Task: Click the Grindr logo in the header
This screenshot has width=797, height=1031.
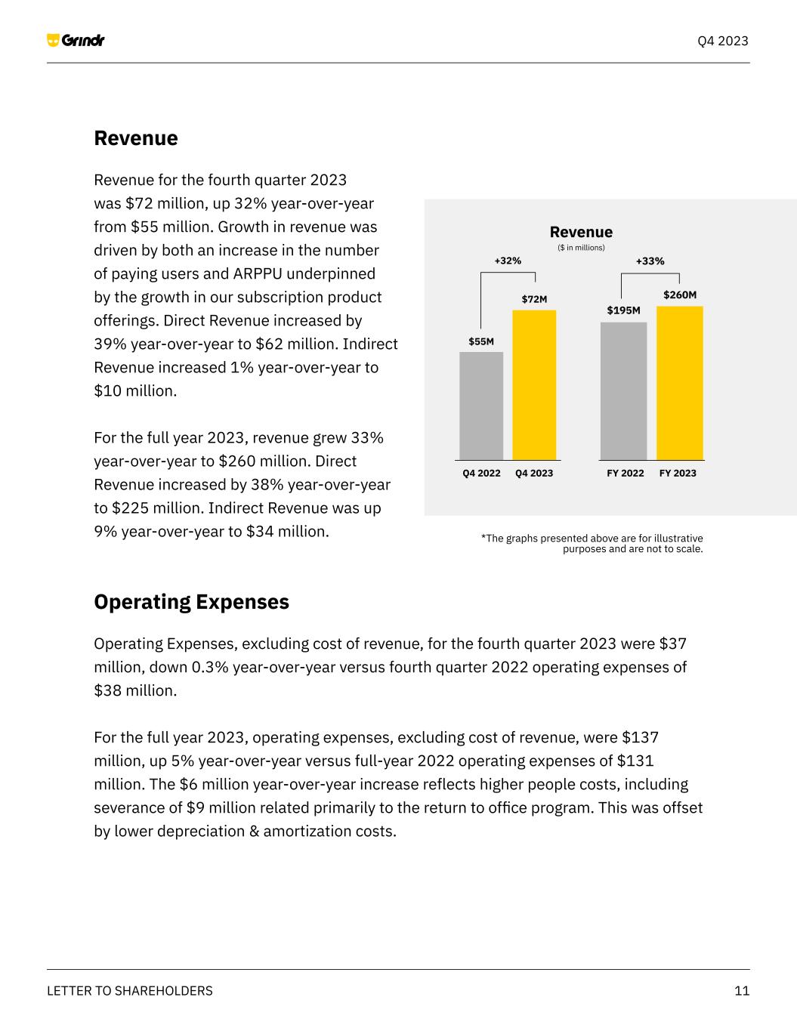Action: tap(76, 40)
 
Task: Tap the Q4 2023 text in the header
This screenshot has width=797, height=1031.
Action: tap(722, 41)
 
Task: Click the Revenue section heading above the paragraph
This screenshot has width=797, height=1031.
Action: tap(136, 138)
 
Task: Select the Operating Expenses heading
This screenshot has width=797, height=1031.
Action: tap(191, 602)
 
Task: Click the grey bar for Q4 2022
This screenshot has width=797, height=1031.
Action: tap(481, 406)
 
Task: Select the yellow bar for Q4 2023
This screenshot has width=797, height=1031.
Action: tap(534, 385)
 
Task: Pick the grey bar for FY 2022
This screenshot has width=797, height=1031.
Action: tap(623, 391)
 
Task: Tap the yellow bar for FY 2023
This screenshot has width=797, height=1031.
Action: tap(679, 383)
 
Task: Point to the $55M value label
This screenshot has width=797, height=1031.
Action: tap(481, 341)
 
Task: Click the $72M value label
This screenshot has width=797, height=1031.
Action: tap(534, 299)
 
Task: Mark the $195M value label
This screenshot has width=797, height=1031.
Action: tap(623, 310)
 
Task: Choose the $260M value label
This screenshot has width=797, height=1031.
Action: tap(680, 295)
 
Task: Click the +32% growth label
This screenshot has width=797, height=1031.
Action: tap(508, 261)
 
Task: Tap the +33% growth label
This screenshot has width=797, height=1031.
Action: tap(650, 261)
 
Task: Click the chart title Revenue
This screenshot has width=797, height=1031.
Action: tap(581, 232)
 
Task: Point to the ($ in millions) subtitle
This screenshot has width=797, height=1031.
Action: tap(581, 248)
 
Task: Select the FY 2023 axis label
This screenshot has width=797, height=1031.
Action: tap(678, 473)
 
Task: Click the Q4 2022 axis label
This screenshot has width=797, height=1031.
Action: tap(481, 473)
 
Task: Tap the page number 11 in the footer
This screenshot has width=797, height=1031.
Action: tap(742, 991)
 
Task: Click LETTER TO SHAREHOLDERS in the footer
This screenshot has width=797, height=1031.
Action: tap(130, 991)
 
